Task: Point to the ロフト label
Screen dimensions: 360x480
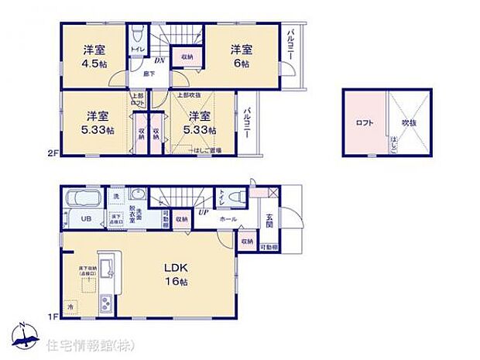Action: [x=364, y=122]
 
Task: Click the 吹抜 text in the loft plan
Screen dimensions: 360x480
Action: [x=410, y=122]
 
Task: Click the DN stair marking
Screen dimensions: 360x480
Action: [x=159, y=59]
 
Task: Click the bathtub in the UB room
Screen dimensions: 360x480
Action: [x=81, y=197]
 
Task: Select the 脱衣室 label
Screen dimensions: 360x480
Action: [x=132, y=215]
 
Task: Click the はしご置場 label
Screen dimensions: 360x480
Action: [x=207, y=150]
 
